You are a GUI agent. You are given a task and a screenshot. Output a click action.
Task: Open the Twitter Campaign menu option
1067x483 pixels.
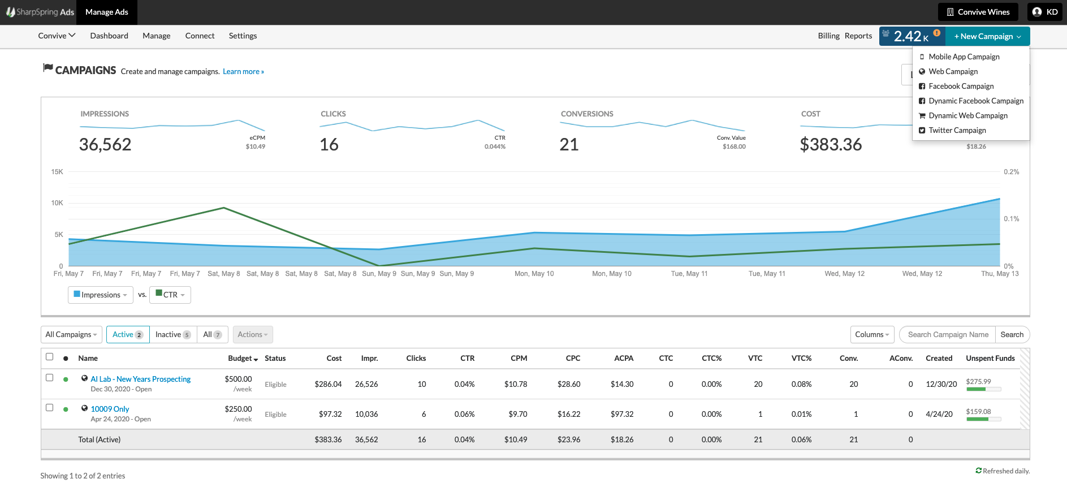point(957,130)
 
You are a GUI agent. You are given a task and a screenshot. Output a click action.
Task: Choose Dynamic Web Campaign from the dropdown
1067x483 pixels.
point(967,115)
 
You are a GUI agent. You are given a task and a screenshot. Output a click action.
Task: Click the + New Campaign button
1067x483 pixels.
point(987,36)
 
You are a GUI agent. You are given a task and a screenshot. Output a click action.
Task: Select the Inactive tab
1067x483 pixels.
point(173,334)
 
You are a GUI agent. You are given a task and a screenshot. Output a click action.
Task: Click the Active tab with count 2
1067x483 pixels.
point(128,334)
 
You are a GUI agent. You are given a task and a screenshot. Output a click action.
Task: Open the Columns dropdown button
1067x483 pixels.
point(872,334)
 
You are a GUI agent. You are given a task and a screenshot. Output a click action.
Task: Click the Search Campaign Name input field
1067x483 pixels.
point(948,334)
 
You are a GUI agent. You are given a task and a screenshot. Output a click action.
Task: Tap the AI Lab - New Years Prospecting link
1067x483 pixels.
point(141,379)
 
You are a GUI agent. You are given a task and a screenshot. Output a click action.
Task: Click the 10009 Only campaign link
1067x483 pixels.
point(110,409)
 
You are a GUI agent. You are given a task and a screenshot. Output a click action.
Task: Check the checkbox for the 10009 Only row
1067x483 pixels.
point(50,408)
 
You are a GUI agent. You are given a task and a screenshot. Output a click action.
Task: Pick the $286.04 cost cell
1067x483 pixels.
point(328,384)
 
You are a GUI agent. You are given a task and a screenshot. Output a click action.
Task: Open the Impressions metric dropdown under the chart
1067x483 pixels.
point(101,295)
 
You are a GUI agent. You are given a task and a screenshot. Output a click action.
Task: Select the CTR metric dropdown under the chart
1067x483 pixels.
point(170,295)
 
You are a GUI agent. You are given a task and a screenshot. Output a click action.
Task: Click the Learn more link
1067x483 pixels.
point(243,71)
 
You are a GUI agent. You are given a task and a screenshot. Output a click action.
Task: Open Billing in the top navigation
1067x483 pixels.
point(828,36)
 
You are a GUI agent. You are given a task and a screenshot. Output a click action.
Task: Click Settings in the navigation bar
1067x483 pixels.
point(243,36)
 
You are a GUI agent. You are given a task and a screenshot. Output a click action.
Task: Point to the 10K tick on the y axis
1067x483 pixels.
point(57,202)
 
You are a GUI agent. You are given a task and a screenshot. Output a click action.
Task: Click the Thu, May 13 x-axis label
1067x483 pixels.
point(999,274)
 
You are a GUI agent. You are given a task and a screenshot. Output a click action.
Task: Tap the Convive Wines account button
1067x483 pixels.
point(978,12)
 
